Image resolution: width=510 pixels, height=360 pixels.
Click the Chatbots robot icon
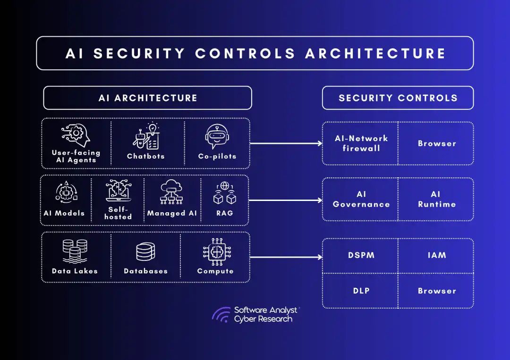(145, 136)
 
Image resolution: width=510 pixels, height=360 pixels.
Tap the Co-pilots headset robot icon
(217, 136)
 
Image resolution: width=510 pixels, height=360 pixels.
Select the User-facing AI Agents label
(76, 156)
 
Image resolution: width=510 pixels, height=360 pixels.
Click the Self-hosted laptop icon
(118, 191)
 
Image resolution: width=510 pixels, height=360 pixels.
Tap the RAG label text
(224, 213)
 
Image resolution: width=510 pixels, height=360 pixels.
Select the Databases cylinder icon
(145, 251)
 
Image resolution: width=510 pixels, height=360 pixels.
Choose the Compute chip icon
(215, 251)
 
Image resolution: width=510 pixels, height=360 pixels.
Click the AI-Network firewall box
(361, 143)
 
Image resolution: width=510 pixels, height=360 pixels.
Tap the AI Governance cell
(361, 199)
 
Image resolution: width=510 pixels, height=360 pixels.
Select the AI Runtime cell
(436, 199)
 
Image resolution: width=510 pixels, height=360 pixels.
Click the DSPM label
(361, 255)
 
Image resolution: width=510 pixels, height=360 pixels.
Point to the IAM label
(436, 255)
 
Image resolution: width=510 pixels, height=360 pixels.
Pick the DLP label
(361, 291)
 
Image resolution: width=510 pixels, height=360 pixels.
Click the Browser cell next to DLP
(436, 291)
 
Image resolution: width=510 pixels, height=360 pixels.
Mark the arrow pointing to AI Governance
(286, 200)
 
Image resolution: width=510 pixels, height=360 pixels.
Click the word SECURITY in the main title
(139, 53)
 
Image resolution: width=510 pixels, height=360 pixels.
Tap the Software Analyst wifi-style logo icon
(221, 315)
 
